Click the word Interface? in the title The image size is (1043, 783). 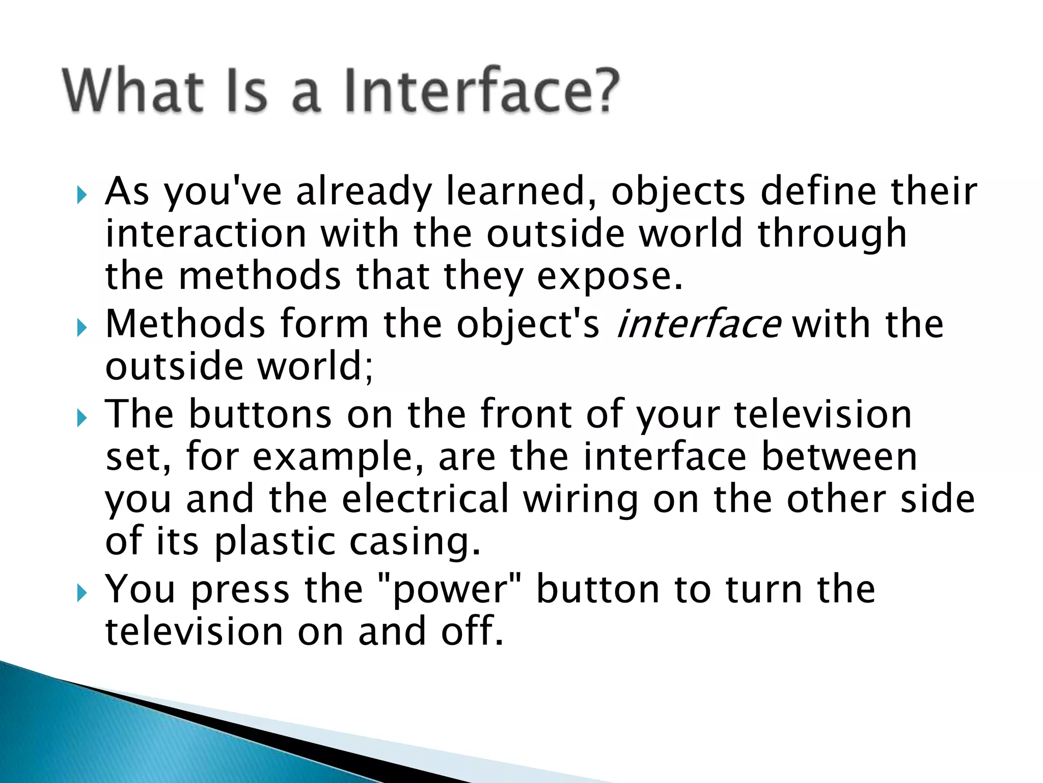tap(481, 91)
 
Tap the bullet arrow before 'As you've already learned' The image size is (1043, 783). tap(81, 195)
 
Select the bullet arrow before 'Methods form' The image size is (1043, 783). tap(81, 327)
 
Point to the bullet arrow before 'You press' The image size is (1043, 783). tap(81, 593)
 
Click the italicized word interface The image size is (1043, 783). tap(698, 324)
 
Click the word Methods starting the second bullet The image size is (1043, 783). tap(185, 324)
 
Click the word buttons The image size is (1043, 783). tap(260, 414)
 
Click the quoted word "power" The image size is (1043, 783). tap(451, 590)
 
